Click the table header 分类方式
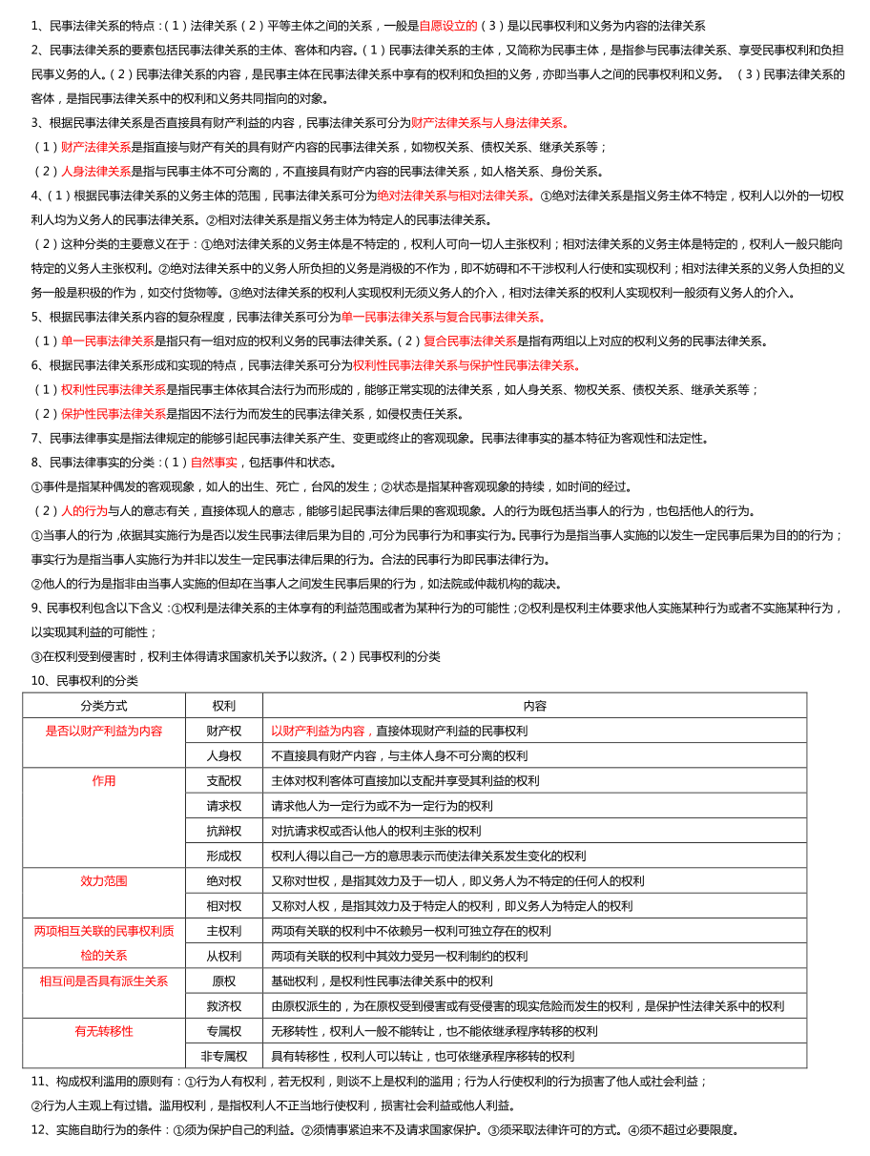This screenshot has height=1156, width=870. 104,706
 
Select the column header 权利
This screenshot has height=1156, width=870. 224,706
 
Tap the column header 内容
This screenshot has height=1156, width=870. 534,706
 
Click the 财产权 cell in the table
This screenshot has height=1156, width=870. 224,731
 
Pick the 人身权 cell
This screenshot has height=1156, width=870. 224,755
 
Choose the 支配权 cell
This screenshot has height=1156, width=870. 224,780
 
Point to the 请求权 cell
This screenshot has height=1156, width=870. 224,805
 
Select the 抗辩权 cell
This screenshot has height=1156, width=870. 224,831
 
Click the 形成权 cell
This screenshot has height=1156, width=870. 224,856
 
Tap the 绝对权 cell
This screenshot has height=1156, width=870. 224,880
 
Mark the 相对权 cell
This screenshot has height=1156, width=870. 224,905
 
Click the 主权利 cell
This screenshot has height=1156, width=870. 224,930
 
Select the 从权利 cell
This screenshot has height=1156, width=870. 224,956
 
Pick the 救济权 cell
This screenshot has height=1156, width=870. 224,1005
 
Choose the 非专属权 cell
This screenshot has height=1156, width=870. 224,1056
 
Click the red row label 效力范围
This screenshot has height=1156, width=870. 104,880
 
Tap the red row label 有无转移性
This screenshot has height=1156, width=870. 104,1031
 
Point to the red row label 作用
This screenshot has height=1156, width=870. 104,780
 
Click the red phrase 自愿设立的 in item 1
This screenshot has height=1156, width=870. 448,26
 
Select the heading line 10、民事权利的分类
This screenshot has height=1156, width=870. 85,680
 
